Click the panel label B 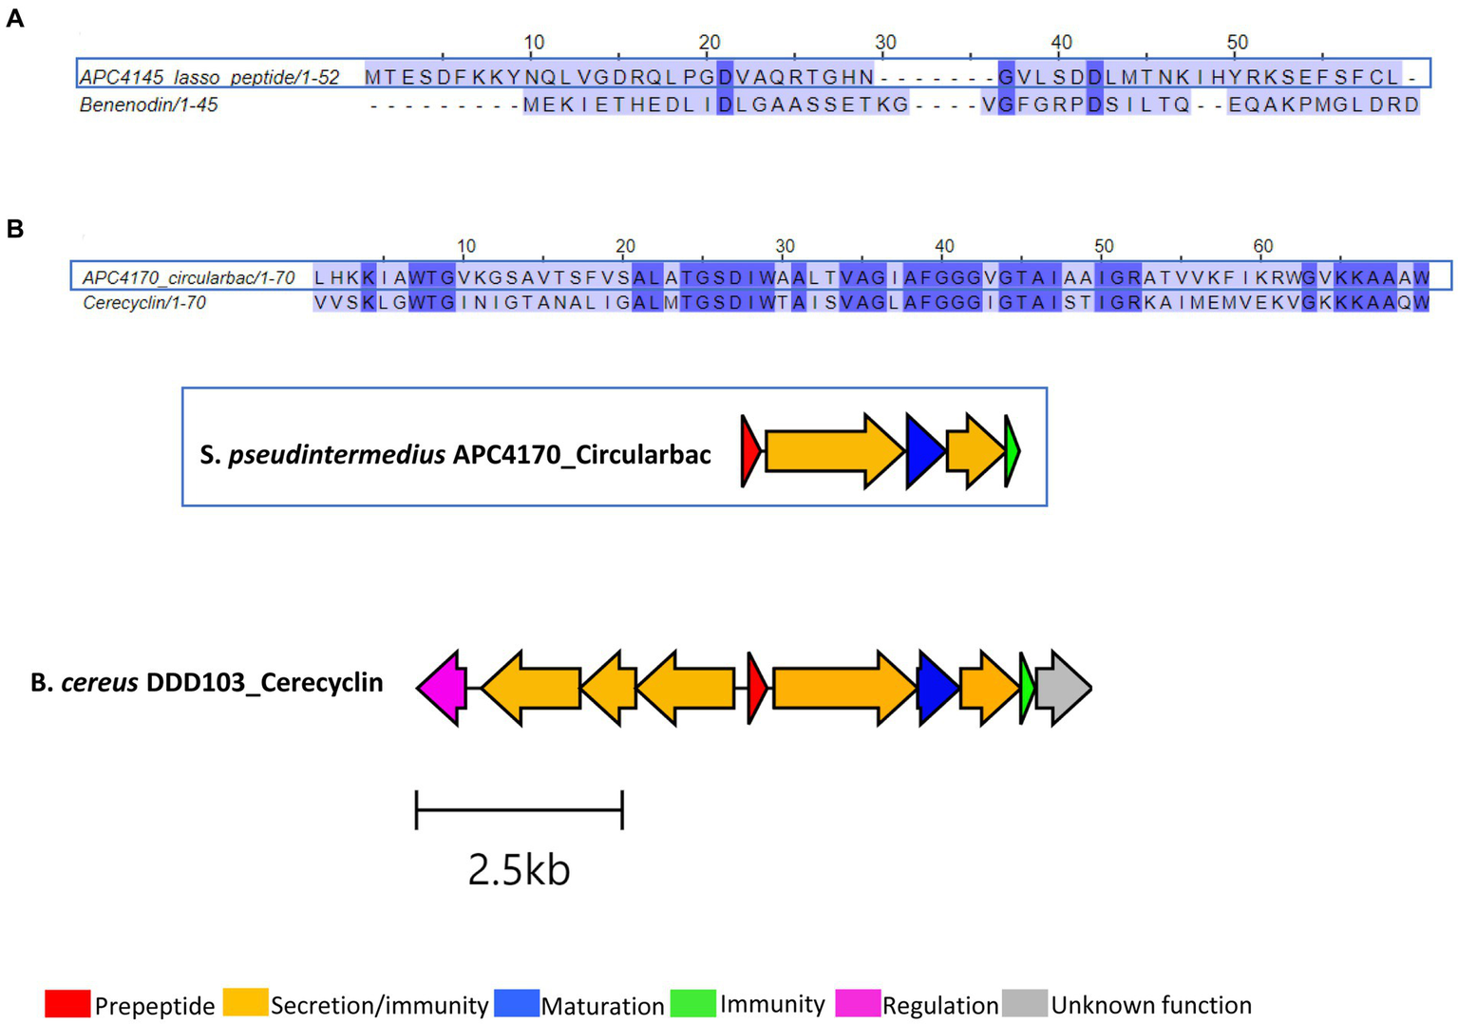(14, 229)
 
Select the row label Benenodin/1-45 (149, 104)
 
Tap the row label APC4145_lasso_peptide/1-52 (209, 77)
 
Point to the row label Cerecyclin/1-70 (144, 303)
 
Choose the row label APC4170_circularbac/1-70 (188, 277)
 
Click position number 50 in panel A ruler (1237, 43)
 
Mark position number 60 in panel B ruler (1262, 246)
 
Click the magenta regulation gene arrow (442, 688)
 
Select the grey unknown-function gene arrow (1063, 688)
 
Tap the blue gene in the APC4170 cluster (924, 451)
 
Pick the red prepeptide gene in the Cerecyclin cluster (756, 688)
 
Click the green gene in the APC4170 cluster (1013, 451)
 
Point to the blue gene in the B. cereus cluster (937, 688)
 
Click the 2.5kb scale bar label (519, 869)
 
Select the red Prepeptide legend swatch (67, 1003)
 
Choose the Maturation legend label (602, 1005)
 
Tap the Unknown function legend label (1151, 1004)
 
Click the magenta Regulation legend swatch (858, 1003)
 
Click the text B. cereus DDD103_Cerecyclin (207, 683)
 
